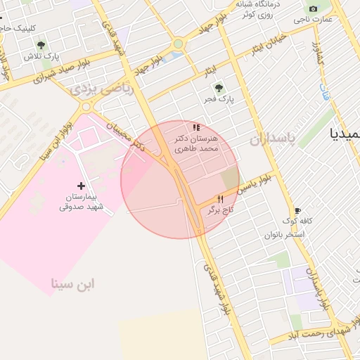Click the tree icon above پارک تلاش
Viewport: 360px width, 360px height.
41,46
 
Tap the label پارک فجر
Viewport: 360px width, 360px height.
219,99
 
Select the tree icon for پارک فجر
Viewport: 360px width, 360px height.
219,89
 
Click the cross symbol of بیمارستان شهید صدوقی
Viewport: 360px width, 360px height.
81,186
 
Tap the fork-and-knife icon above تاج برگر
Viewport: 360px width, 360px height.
219,200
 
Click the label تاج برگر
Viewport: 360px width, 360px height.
219,210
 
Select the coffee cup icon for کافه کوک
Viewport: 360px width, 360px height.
297,210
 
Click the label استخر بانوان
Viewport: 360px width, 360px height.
284,233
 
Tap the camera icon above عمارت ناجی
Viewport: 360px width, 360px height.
314,9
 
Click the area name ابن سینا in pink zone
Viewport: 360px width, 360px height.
72,283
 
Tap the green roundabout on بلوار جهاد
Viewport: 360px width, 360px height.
178,44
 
